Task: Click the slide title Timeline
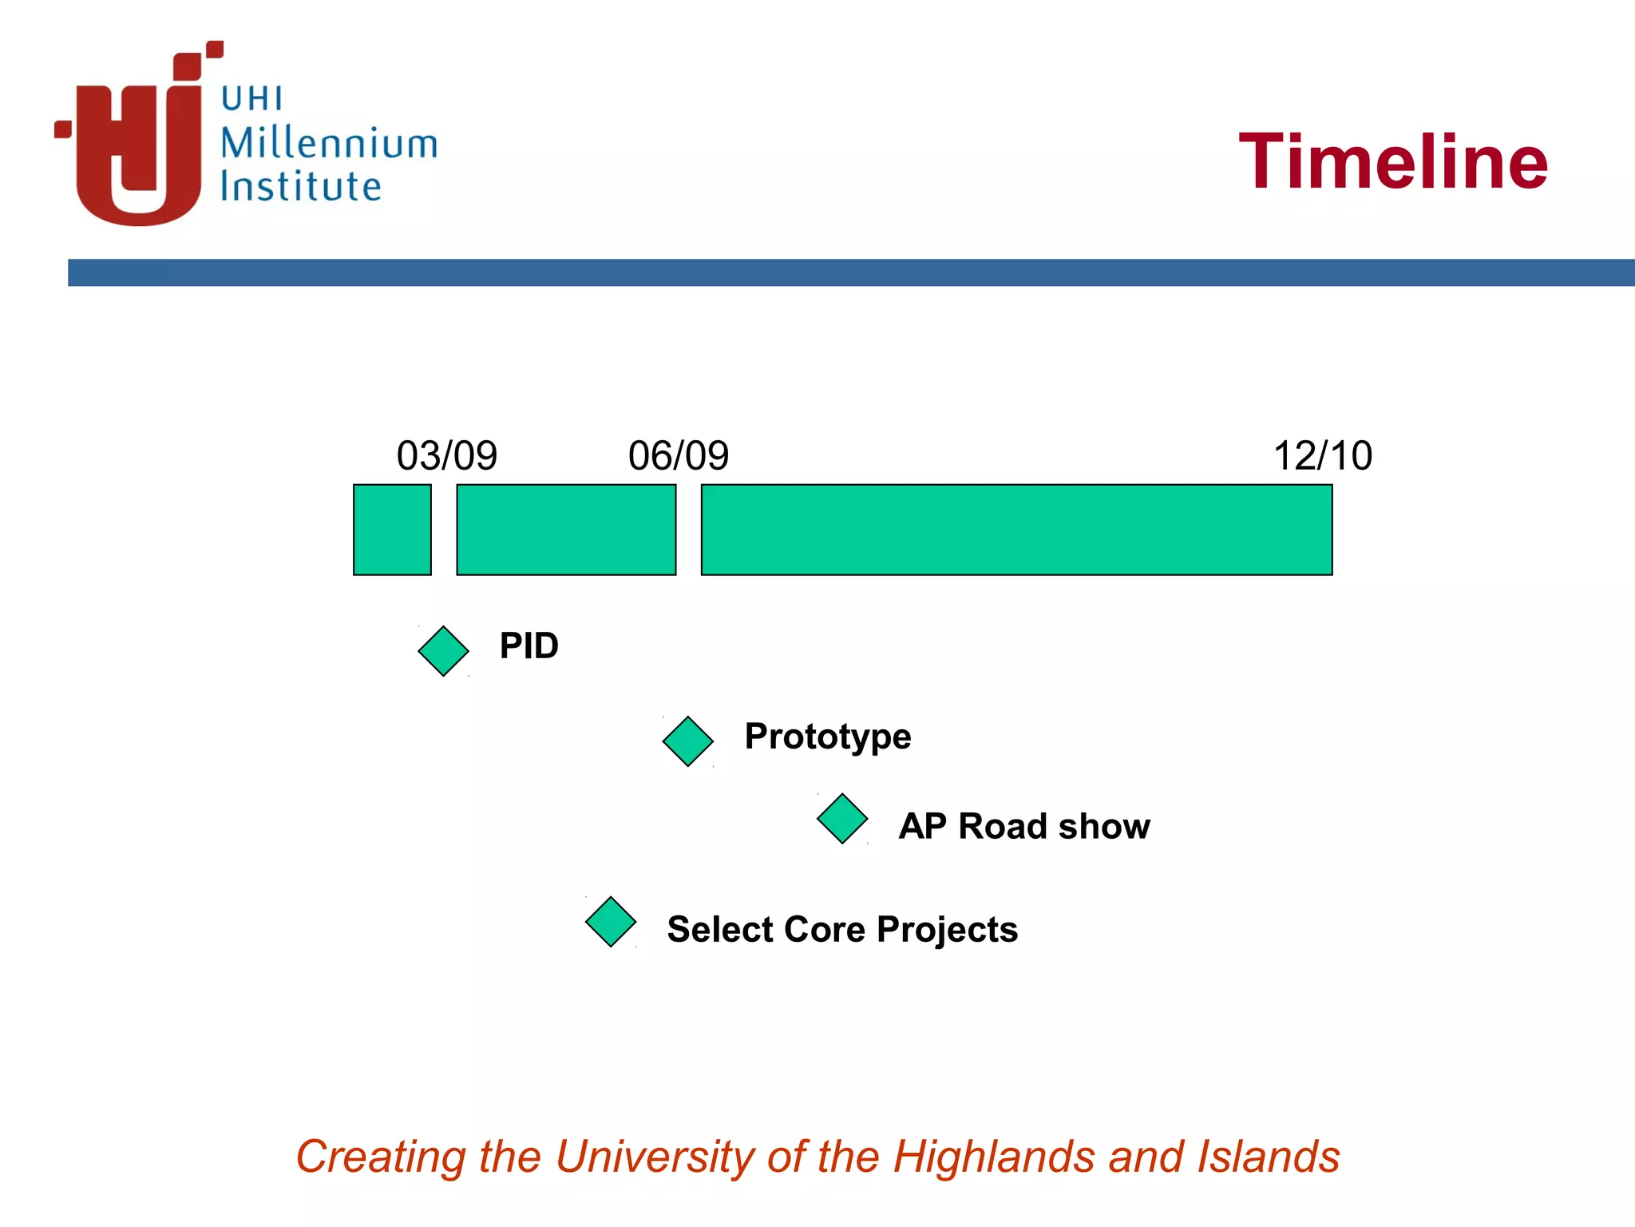[1393, 162]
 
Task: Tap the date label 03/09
[446, 456]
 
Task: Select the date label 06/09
[678, 456]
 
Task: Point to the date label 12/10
[1322, 456]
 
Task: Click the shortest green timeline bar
[392, 530]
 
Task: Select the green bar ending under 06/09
[566, 530]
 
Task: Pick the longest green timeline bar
[1016, 530]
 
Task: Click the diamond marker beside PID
[443, 651]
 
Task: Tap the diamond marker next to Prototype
[687, 741]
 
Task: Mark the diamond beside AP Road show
[842, 819]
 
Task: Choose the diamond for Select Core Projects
[611, 922]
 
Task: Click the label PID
[529, 645]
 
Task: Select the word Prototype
[827, 737]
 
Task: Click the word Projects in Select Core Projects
[947, 930]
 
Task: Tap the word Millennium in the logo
[329, 144]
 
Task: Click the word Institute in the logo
[301, 186]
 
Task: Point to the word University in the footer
[655, 1157]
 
